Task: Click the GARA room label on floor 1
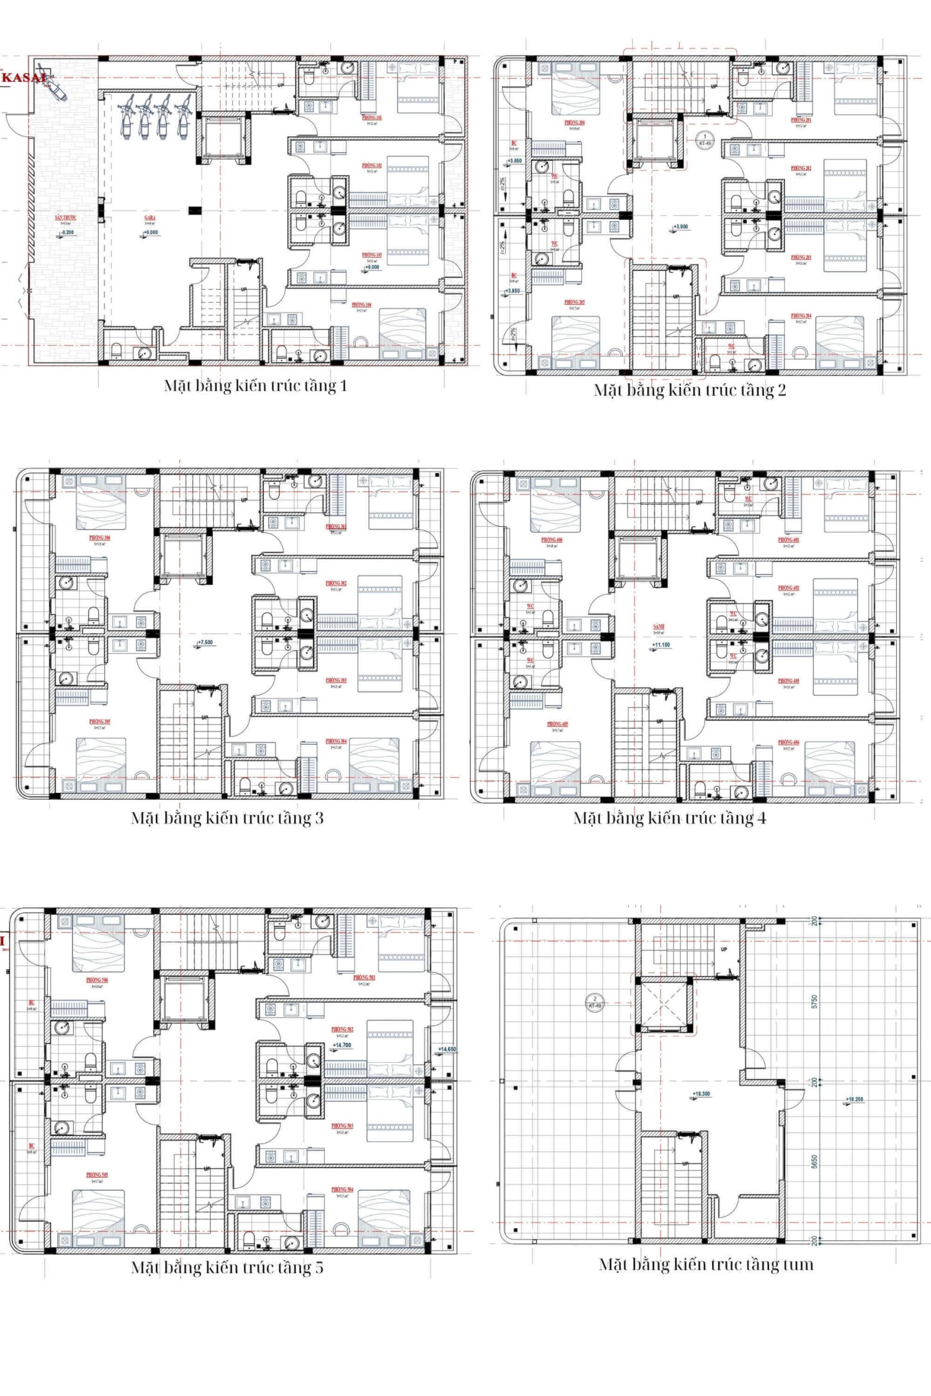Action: [149, 218]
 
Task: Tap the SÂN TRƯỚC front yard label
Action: [66, 218]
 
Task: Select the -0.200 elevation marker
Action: [68, 233]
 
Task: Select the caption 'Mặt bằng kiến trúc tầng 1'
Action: [255, 387]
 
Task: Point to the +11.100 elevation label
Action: [661, 644]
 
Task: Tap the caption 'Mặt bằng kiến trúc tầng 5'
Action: [227, 1268]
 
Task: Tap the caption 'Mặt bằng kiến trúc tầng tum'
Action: [705, 1263]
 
